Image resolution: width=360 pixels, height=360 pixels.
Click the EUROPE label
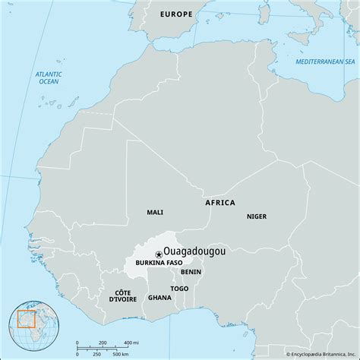click(x=176, y=14)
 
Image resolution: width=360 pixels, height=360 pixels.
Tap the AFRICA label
click(x=220, y=203)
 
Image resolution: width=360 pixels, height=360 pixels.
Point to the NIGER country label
click(x=256, y=216)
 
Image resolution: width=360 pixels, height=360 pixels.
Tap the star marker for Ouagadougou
click(x=158, y=254)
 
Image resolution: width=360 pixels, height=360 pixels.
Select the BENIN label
click(x=191, y=271)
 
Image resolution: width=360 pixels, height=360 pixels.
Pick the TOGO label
click(x=179, y=289)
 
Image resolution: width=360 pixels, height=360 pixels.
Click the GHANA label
click(x=160, y=298)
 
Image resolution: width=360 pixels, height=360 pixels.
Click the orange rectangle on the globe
click(x=28, y=321)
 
